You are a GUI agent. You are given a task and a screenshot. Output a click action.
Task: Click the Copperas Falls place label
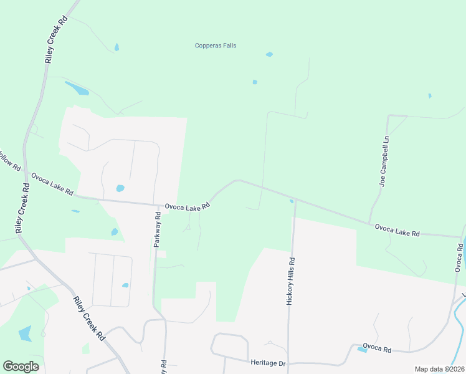(x=215, y=46)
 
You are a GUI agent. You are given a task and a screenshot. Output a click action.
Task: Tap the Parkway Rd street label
(x=158, y=229)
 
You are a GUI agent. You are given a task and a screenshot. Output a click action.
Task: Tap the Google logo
(x=21, y=367)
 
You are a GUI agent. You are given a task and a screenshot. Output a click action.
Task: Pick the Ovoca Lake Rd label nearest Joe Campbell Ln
(x=397, y=230)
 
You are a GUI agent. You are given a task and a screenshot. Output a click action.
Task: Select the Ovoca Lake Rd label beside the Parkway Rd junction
(x=187, y=206)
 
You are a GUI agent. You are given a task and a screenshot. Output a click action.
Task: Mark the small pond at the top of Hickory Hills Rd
(x=292, y=201)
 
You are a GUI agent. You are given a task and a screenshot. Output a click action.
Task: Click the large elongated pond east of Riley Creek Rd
(x=77, y=89)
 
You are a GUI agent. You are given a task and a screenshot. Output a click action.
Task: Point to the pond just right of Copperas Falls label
(x=269, y=54)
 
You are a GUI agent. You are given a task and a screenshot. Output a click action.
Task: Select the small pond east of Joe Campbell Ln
(x=429, y=95)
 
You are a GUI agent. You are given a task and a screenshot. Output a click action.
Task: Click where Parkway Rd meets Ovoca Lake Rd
(x=157, y=204)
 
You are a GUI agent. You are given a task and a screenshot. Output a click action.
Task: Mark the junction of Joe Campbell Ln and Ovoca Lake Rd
(x=369, y=222)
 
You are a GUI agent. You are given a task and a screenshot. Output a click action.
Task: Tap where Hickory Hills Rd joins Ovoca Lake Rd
(x=294, y=200)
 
